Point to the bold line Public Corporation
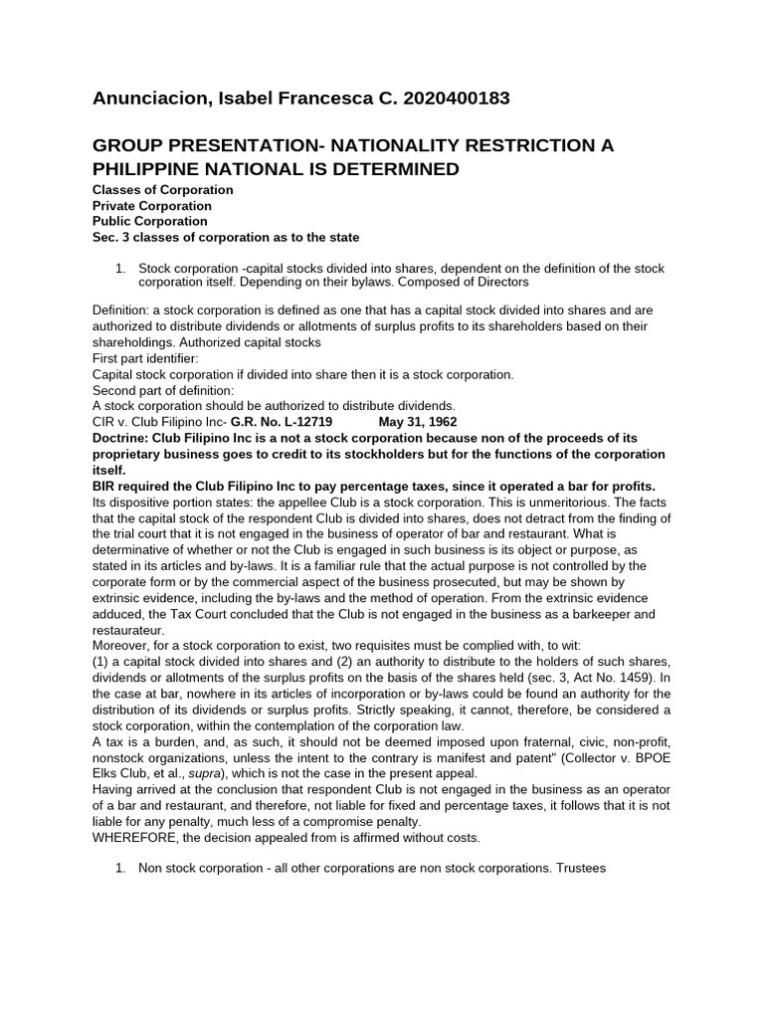[149, 221]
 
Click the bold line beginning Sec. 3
[226, 237]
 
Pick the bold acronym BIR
[106, 486]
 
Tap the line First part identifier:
[145, 358]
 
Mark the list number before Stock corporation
[120, 269]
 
